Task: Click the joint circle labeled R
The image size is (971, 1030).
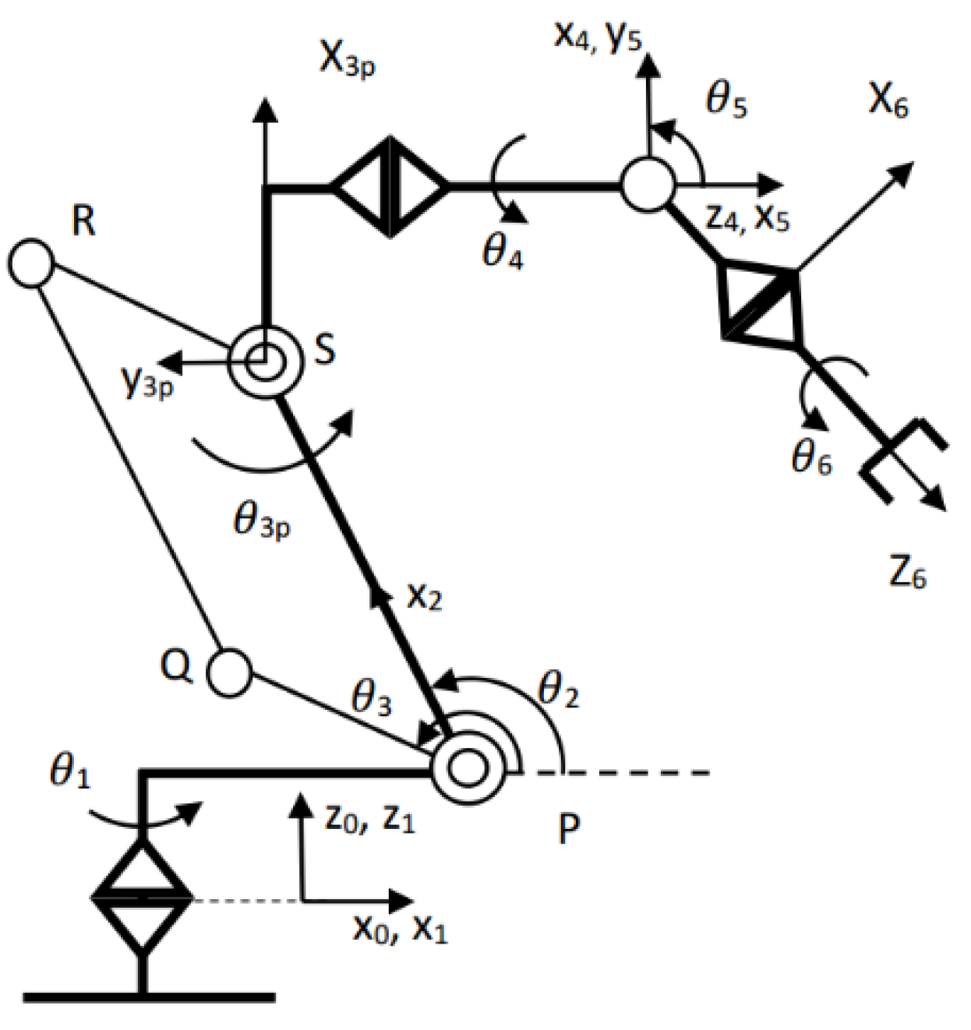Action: [x=32, y=263]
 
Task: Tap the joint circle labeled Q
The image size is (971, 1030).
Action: [x=231, y=670]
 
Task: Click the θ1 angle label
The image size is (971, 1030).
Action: [x=69, y=773]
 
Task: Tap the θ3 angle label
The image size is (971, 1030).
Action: [x=372, y=699]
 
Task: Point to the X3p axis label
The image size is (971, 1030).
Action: [x=348, y=62]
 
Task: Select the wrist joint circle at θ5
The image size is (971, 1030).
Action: [x=647, y=185]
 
